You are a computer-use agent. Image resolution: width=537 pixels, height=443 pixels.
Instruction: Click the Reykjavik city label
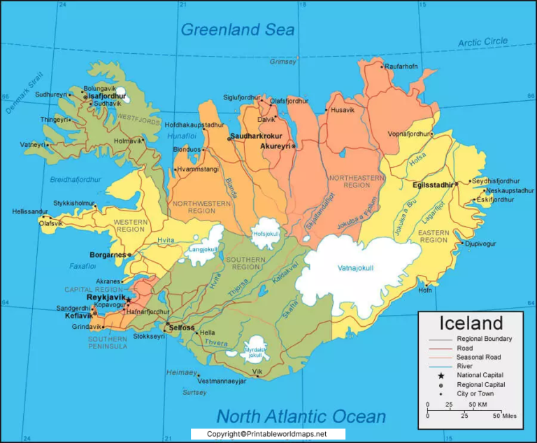[106, 297]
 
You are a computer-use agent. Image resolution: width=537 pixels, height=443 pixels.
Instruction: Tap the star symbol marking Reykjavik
[129, 299]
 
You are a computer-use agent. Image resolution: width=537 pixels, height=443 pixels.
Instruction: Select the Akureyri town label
[275, 146]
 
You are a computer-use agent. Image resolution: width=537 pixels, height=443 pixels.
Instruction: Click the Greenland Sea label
[238, 29]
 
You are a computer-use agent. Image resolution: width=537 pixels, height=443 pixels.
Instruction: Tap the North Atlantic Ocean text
[301, 416]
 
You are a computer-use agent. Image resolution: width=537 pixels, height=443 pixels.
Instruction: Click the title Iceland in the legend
[471, 323]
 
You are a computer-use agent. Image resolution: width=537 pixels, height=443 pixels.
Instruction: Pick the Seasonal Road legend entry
[479, 357]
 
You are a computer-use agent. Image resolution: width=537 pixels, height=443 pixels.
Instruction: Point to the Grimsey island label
[283, 62]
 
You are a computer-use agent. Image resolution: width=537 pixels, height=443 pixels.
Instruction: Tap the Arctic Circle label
[482, 43]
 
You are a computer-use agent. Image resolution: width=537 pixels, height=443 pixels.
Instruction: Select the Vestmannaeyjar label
[222, 381]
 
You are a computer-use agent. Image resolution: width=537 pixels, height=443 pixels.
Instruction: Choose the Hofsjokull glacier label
[266, 234]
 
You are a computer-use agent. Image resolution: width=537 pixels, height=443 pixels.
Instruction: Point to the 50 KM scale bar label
[478, 405]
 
